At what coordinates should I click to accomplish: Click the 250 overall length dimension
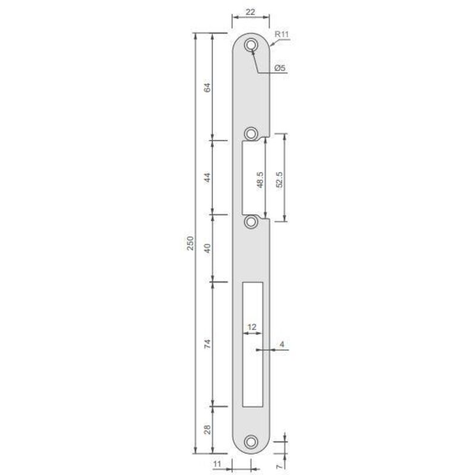click(190, 243)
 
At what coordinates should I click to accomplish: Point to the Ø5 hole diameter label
click(281, 69)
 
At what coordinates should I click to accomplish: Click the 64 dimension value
click(207, 87)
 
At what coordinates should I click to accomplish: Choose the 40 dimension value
click(207, 248)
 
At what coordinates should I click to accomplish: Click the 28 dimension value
click(207, 429)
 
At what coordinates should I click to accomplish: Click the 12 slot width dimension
click(251, 327)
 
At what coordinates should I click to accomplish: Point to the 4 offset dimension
click(282, 344)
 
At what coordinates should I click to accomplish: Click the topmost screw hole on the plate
click(252, 45)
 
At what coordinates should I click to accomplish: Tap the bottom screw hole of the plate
click(252, 442)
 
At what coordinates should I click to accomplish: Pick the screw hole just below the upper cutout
click(252, 221)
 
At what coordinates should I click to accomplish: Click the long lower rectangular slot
click(252, 344)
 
